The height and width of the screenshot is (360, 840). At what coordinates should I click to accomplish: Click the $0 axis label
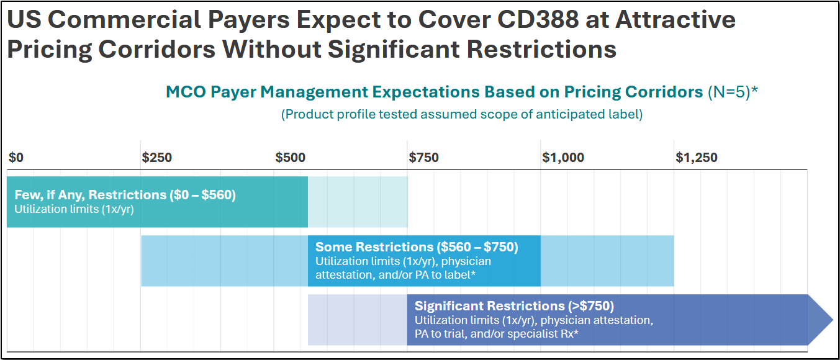point(16,158)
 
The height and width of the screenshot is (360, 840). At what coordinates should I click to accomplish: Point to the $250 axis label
point(157,158)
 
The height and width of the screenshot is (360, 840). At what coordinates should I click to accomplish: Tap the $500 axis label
point(291,158)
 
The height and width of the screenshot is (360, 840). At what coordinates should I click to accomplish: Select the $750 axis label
point(423,158)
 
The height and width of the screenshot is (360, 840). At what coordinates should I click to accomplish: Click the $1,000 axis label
point(563,158)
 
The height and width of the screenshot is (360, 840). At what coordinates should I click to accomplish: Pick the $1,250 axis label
point(696,158)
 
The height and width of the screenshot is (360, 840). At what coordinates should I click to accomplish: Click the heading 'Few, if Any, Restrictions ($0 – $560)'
point(125,195)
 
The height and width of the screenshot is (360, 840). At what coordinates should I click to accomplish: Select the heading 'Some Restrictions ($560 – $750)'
point(417,247)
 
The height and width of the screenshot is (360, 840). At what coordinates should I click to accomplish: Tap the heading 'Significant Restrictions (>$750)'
point(514,306)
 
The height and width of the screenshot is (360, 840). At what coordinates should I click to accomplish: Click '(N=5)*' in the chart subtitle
point(733,92)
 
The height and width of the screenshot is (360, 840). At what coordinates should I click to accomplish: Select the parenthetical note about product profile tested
point(462,114)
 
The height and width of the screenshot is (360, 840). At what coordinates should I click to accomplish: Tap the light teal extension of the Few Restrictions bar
point(358,202)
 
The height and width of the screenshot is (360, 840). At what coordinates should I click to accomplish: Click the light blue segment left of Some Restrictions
point(224,261)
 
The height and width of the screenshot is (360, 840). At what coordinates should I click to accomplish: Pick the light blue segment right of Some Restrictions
point(607,261)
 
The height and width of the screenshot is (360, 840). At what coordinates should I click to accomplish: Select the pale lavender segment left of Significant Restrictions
point(357,320)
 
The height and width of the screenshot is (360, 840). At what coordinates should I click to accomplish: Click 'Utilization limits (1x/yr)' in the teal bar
point(75,209)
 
